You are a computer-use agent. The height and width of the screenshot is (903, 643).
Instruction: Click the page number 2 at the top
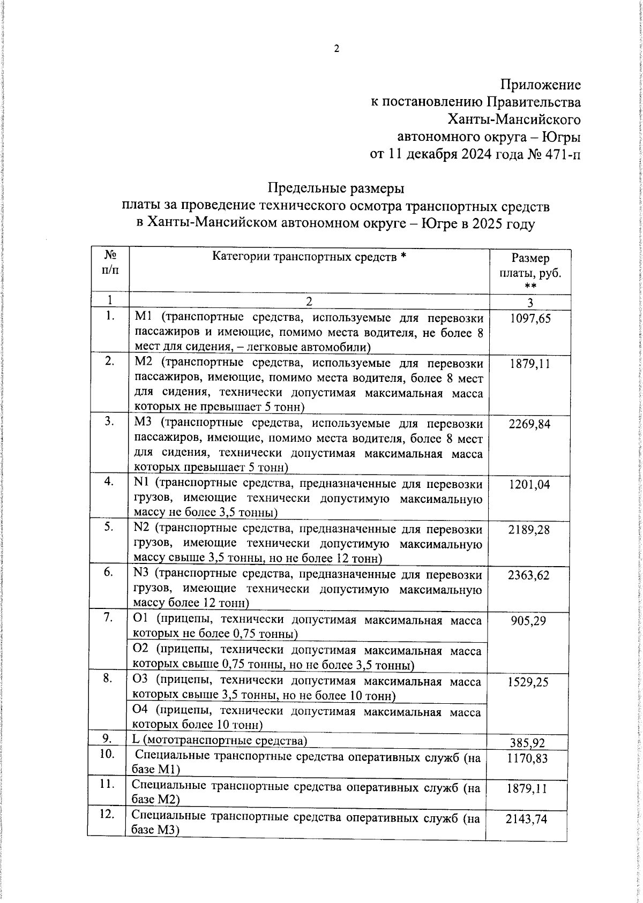click(x=337, y=49)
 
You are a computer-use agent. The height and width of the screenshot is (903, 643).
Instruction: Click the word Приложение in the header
click(x=541, y=85)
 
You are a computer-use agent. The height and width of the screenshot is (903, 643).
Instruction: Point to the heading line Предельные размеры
click(x=336, y=189)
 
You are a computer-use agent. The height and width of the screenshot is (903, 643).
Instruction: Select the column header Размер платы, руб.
click(x=530, y=272)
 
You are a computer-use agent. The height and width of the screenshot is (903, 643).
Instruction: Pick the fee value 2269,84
click(x=530, y=424)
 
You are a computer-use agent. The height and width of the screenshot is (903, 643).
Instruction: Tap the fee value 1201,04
click(x=530, y=485)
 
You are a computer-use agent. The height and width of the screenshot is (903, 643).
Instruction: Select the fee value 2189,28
click(x=530, y=530)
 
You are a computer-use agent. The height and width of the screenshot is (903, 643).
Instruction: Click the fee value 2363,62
click(x=530, y=575)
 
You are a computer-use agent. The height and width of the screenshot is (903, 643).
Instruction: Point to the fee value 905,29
click(x=530, y=621)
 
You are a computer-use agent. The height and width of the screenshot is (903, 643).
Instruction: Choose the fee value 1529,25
click(x=530, y=682)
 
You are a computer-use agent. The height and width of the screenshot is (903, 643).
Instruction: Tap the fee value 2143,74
click(x=527, y=819)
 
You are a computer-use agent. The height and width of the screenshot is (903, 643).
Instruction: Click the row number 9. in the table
click(x=108, y=739)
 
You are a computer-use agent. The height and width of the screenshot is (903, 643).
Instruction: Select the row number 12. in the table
click(x=108, y=814)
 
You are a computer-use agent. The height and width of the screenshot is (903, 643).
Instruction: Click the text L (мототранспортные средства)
click(x=220, y=741)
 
